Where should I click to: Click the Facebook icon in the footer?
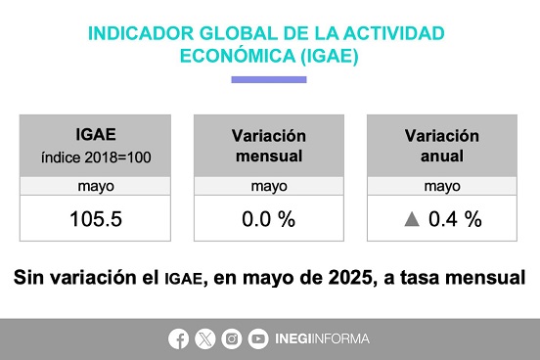178,339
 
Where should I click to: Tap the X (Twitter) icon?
205,339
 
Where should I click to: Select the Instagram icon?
232,339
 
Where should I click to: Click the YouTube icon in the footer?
258,339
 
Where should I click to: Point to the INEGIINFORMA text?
323,339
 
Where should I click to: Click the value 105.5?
96,219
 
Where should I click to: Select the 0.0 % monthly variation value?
269,219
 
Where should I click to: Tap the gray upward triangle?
412,219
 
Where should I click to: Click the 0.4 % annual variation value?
455,219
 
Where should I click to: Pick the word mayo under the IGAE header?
96,187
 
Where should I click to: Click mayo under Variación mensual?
269,187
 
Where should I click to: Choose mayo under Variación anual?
442,187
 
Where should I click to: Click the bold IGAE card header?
96,134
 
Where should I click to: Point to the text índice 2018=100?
96,157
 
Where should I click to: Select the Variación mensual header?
269,146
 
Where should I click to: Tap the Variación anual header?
442,146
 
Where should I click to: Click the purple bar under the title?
269,79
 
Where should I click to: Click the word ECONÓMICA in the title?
238,56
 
